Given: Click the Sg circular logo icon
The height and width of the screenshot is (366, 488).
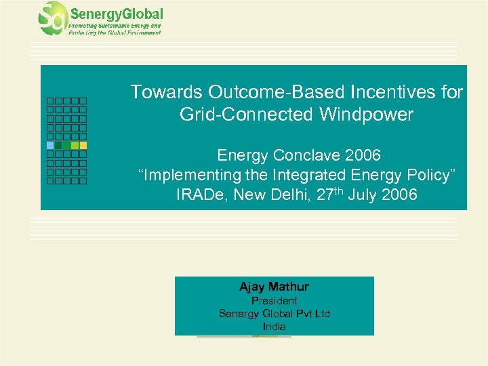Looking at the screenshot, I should coord(52,18).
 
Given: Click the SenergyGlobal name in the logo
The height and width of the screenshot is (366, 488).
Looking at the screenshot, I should coord(116,14).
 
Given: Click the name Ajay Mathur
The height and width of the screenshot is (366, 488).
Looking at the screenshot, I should coord(274,287).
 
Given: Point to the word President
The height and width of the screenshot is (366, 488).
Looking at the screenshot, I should coord(274,300).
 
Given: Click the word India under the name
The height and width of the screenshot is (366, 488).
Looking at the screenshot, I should coord(274,327).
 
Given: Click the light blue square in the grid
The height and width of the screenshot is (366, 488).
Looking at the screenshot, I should coord(50,145).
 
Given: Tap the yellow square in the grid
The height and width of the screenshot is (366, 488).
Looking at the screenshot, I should coord(83,145).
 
